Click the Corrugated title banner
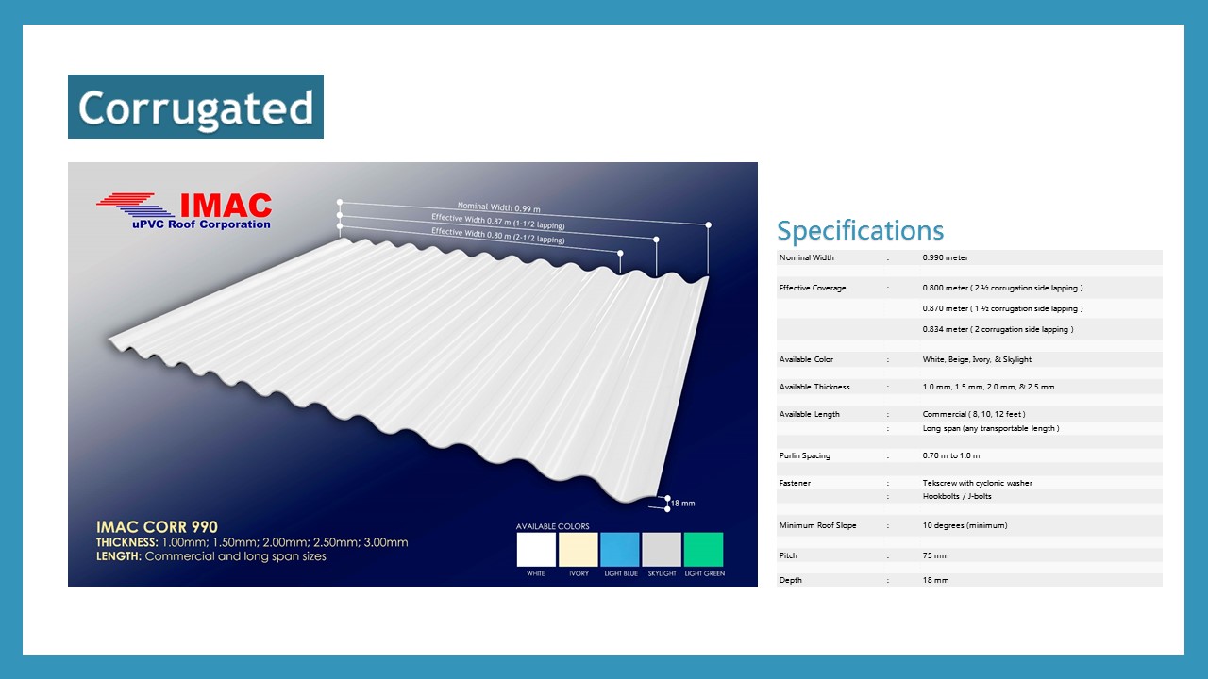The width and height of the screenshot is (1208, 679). (x=195, y=107)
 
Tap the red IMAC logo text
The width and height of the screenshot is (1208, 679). (x=226, y=206)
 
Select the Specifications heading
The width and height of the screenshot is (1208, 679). (x=860, y=231)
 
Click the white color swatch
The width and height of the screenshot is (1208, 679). (x=536, y=550)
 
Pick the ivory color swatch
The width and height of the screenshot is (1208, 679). (x=579, y=550)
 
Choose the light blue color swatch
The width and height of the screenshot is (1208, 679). (x=620, y=550)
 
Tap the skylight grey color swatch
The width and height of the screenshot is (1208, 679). (x=662, y=550)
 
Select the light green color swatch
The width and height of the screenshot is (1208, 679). (x=704, y=550)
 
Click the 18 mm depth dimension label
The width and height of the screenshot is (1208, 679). (x=682, y=504)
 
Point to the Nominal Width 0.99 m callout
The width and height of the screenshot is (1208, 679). (x=499, y=207)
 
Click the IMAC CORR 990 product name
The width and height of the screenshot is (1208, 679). (x=157, y=527)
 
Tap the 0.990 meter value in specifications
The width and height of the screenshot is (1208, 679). (x=945, y=257)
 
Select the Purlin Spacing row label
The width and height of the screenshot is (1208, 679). (x=805, y=455)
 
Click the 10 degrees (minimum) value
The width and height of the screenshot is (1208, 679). (x=965, y=525)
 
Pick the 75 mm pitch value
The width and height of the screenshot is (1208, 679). (x=935, y=555)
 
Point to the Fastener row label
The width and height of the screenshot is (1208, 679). (x=795, y=483)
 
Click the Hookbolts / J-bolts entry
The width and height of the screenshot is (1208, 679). (x=957, y=496)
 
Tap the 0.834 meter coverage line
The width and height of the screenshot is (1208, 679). (x=998, y=329)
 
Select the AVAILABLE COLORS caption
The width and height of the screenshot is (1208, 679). (x=552, y=526)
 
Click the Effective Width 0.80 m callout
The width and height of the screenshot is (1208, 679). (x=497, y=235)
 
